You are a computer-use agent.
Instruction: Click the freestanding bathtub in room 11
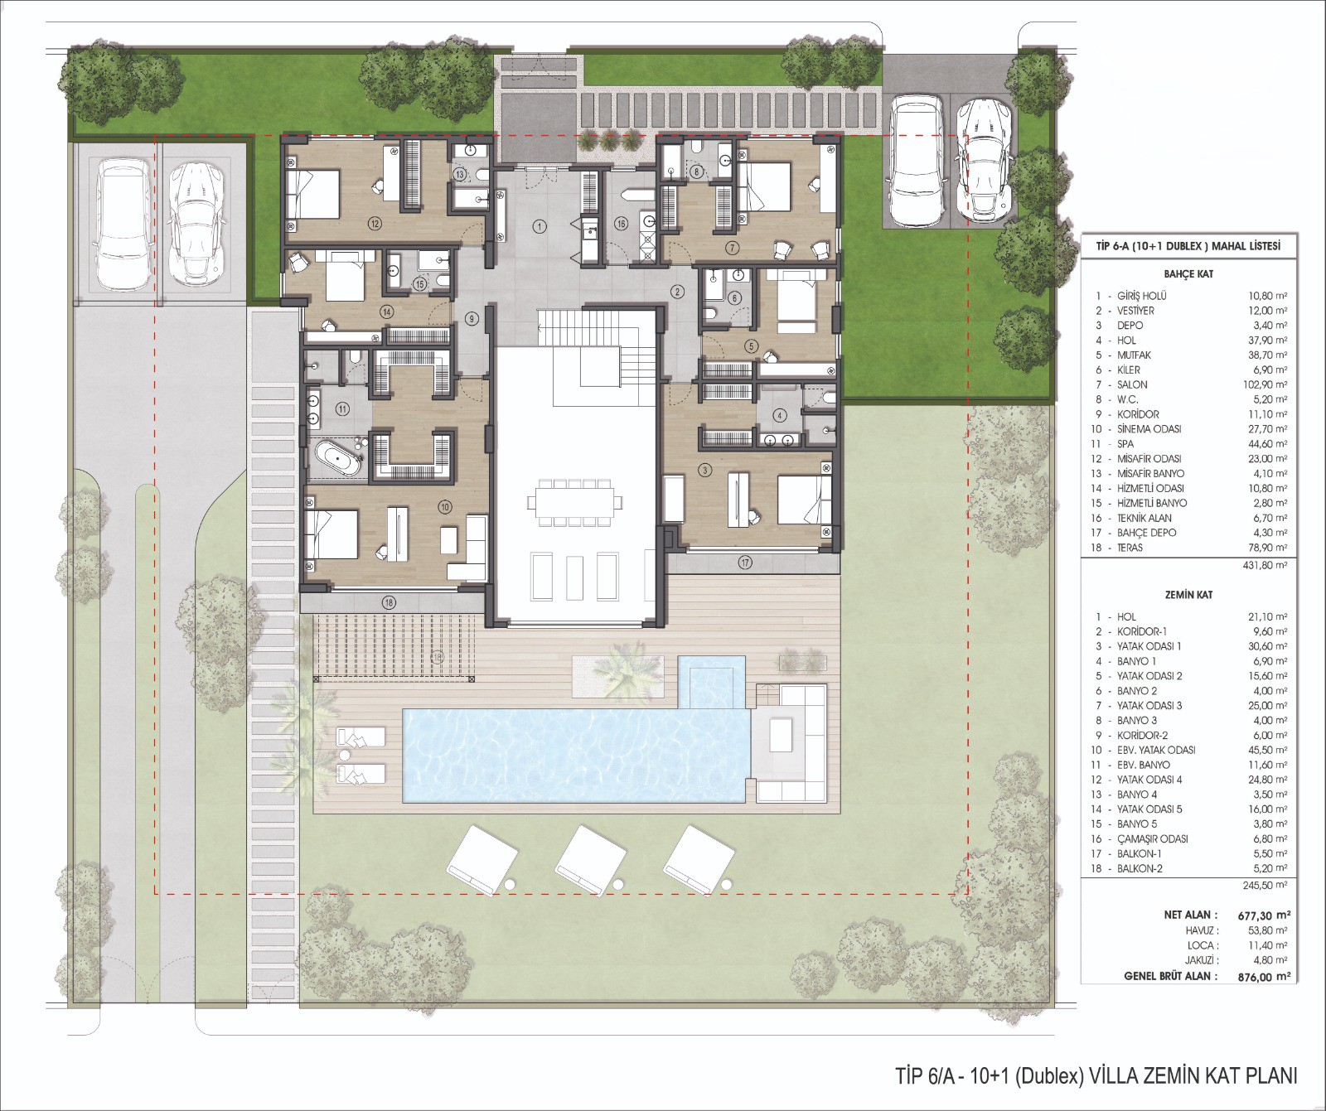(336, 458)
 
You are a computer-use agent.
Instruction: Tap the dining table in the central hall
(574, 502)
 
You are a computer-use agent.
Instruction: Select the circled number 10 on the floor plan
(445, 505)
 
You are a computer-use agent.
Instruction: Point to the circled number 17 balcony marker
(746, 563)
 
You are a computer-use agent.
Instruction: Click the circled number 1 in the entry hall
(540, 225)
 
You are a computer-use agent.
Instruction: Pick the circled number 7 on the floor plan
(732, 248)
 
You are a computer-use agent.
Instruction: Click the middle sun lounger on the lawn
(589, 859)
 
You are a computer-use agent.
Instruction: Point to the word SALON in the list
(1132, 384)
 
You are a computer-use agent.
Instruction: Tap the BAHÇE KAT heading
(1188, 273)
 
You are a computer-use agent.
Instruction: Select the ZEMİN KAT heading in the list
(1188, 595)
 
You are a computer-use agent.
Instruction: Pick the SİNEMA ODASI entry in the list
(1149, 429)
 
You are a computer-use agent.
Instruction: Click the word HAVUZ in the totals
(1202, 930)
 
